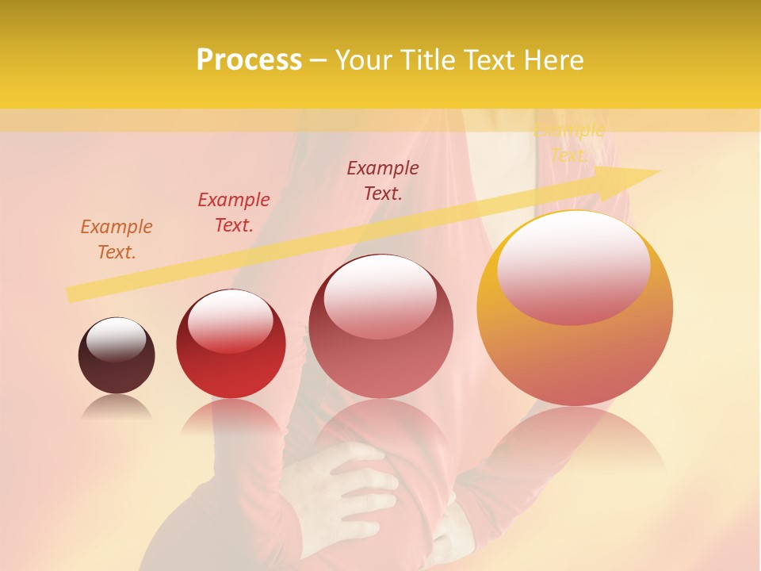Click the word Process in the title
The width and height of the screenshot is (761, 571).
click(x=249, y=60)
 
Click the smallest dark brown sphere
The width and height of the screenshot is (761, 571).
click(x=117, y=356)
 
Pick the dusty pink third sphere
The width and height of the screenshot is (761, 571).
click(x=380, y=327)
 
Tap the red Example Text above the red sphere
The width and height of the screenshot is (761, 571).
click(x=234, y=213)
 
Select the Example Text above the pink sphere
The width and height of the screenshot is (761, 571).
click(x=383, y=180)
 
